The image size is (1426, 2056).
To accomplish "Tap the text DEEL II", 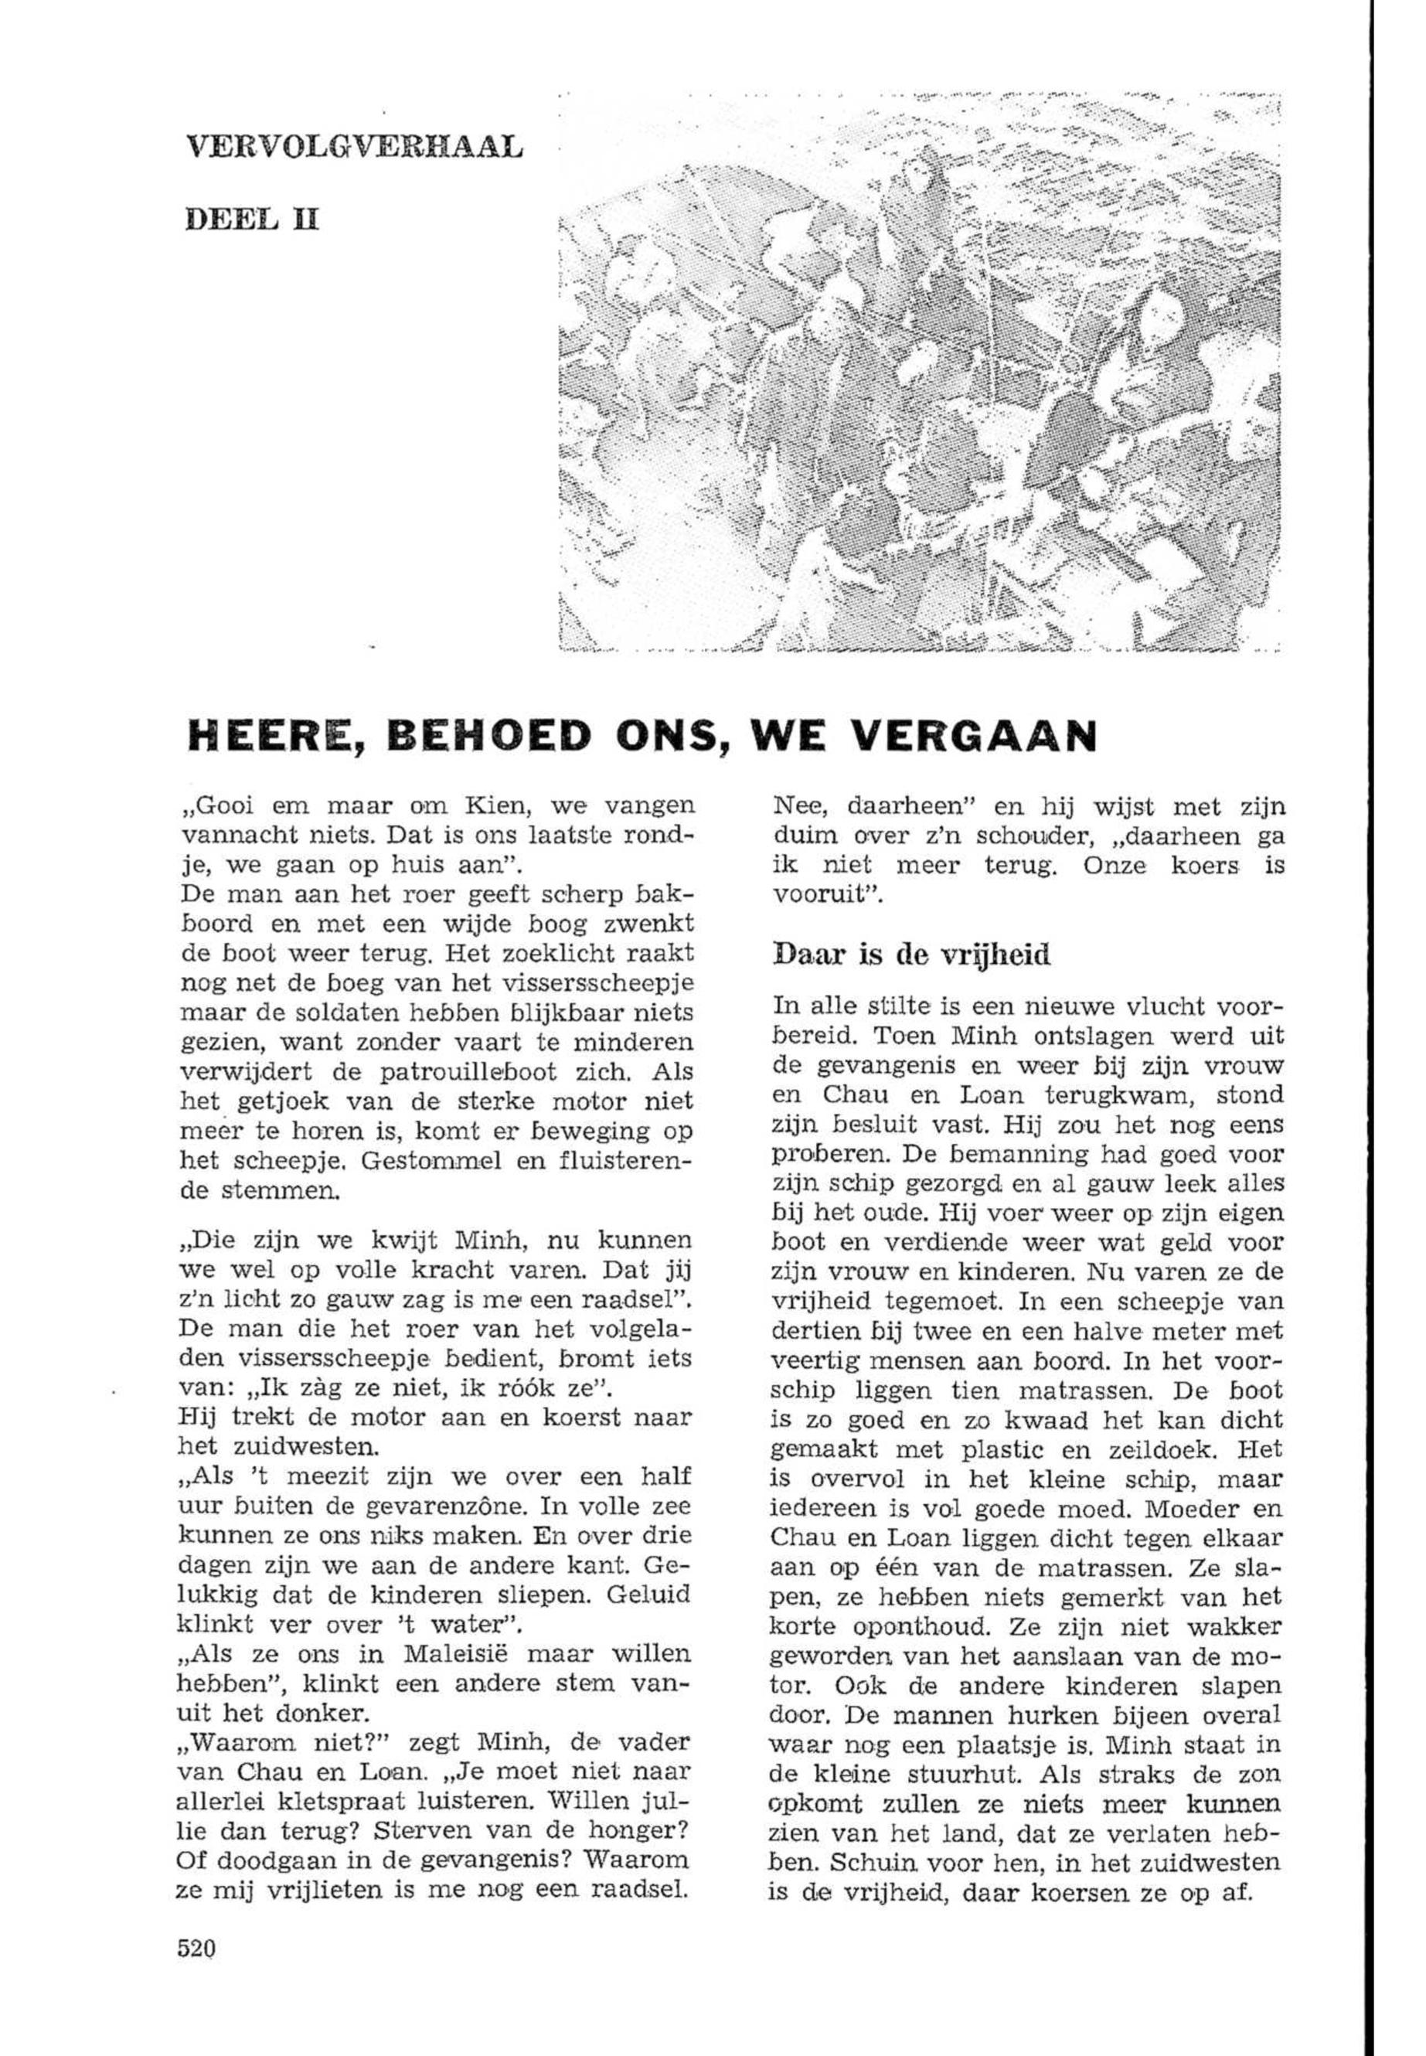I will [252, 220].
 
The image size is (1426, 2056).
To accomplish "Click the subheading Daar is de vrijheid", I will [910, 955].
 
